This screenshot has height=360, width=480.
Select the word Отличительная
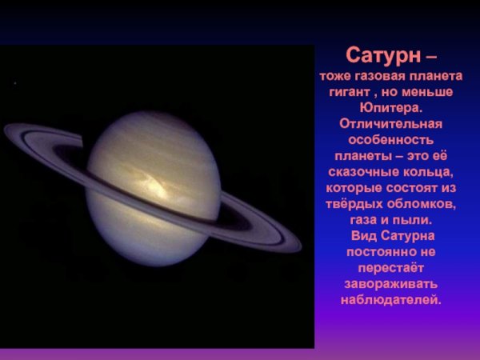tap(391, 124)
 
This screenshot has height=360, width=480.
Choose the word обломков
tap(422, 204)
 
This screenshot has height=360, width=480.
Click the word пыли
tap(414, 220)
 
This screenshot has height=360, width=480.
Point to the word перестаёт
tap(391, 268)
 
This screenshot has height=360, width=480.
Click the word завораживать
tap(391, 284)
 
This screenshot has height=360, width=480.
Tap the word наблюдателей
tap(391, 300)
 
